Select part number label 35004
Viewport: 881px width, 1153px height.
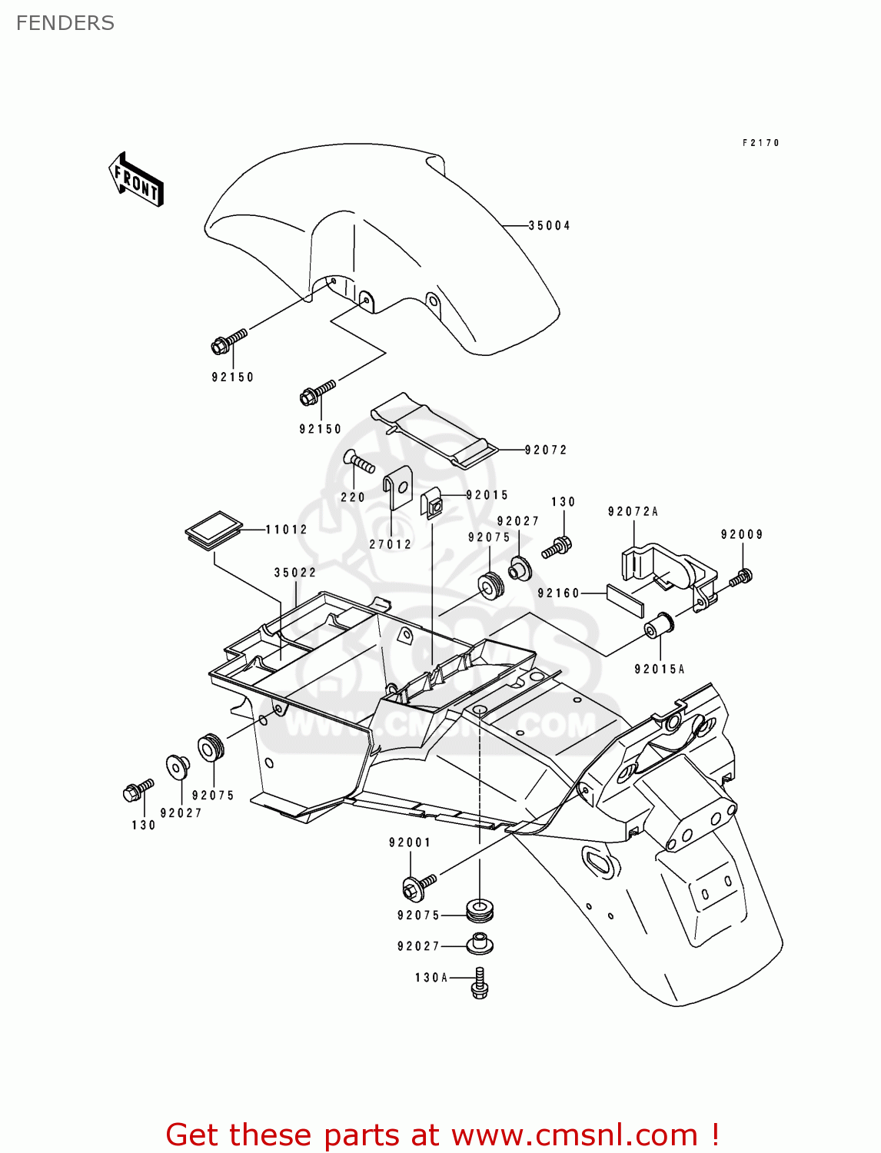click(549, 226)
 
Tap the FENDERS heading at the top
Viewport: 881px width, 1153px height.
click(65, 23)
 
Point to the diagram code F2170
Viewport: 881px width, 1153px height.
click(761, 143)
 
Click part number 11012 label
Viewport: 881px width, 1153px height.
click(287, 530)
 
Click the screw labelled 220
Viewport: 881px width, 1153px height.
click(360, 462)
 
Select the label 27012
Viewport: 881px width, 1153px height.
click(391, 544)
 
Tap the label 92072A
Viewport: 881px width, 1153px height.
click(633, 512)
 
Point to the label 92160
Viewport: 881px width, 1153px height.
click(559, 593)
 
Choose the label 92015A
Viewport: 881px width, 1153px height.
click(660, 670)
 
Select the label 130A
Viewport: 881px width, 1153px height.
click(431, 978)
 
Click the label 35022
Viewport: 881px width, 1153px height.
click(295, 573)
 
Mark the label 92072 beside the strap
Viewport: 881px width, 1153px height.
click(546, 450)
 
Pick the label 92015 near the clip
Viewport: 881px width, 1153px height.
click(487, 496)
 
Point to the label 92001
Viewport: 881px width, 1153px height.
click(410, 843)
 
